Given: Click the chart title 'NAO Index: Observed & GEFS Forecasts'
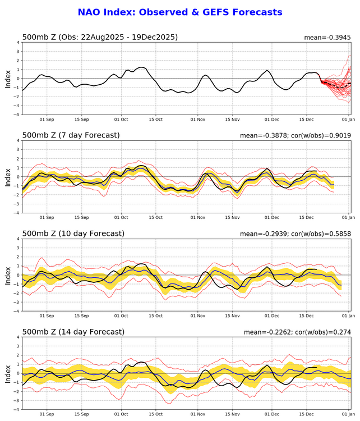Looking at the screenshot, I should click(179, 12).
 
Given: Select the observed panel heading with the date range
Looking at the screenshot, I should click(100, 37).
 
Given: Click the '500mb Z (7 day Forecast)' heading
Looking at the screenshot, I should click(71, 135).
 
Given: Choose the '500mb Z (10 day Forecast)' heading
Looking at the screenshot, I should click(73, 234).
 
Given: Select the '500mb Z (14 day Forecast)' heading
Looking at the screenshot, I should click(73, 332).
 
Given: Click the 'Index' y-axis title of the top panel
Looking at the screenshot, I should click(8, 78).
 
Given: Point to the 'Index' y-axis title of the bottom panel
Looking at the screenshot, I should click(8, 373).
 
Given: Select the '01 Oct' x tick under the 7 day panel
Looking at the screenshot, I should click(121, 218).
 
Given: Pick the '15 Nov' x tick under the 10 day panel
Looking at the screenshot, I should click(232, 316).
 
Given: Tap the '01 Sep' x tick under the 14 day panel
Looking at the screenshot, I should click(47, 414).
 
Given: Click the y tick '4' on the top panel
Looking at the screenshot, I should click(18, 42).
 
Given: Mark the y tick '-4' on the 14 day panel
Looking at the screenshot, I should click(17, 409).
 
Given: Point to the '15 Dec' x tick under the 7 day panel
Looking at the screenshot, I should click(307, 218).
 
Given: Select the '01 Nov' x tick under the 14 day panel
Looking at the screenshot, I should click(197, 414).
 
